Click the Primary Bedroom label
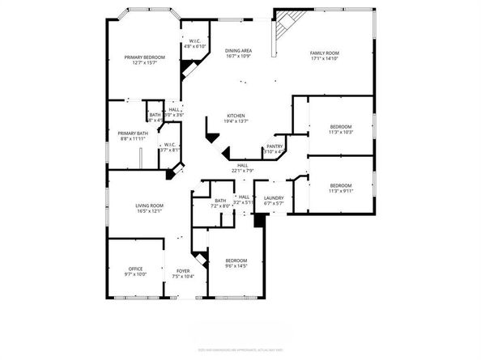tap(144, 57)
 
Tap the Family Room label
tap(325, 53)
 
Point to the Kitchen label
tap(236, 115)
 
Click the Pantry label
tap(275, 146)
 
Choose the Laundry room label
tap(273, 197)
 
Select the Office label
tap(135, 269)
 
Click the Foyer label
tap(183, 271)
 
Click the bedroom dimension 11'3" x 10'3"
tap(341, 133)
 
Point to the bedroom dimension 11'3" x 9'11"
tap(341, 191)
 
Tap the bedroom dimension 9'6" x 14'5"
tap(236, 266)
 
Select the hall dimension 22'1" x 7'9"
tap(242, 171)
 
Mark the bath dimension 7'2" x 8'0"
tap(219, 206)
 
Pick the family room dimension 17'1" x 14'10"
tap(325, 59)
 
